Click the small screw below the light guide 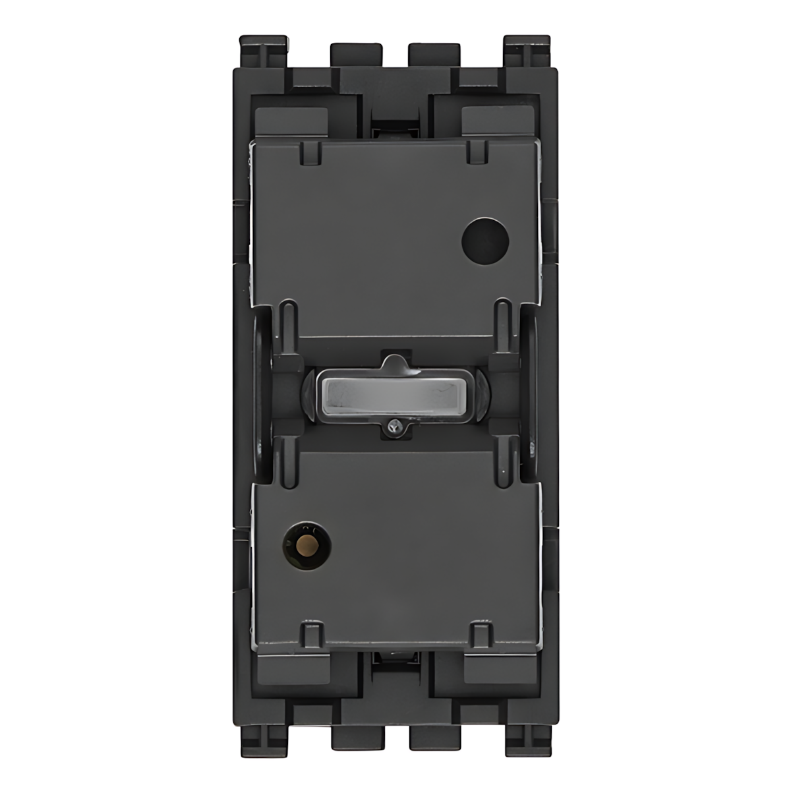[x=394, y=427]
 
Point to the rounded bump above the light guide [x=394, y=361]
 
